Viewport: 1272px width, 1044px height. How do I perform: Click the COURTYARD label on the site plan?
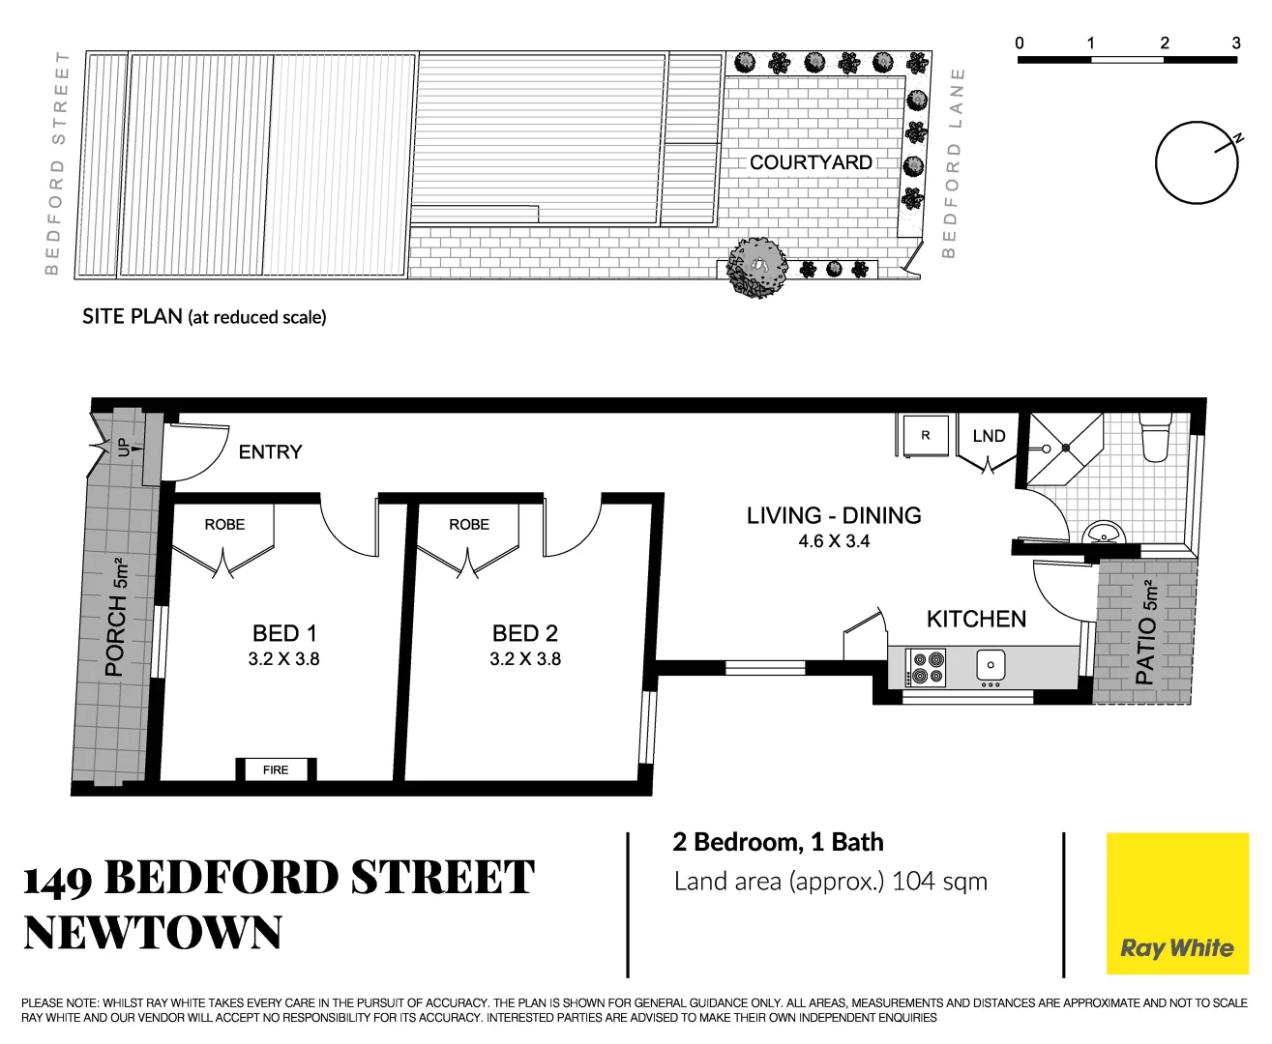click(811, 162)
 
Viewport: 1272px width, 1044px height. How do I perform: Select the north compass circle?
click(1197, 162)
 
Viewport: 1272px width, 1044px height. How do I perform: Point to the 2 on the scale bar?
click(1164, 43)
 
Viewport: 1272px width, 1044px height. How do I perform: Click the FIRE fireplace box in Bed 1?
click(276, 769)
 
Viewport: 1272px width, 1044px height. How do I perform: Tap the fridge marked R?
click(926, 435)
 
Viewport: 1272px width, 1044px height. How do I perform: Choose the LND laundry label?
click(989, 436)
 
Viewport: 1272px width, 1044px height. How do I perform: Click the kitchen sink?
click(991, 665)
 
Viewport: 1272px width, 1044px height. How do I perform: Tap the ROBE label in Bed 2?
click(469, 524)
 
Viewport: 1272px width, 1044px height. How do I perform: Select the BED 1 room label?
click(284, 633)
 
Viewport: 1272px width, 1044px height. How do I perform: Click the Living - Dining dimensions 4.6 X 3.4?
click(834, 541)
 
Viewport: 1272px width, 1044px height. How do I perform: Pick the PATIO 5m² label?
click(1146, 632)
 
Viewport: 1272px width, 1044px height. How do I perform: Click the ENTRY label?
click(270, 451)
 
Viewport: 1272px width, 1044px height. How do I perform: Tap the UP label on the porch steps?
click(123, 447)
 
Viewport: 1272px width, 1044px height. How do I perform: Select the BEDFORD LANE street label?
click(954, 162)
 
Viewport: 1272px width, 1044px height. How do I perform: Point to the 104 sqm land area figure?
click(939, 881)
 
